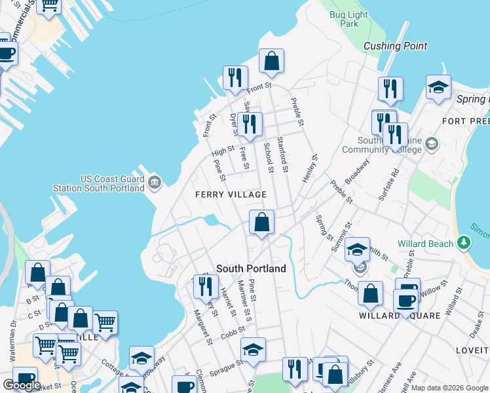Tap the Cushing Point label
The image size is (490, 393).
[x=395, y=46]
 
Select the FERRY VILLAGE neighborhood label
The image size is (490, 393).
[x=231, y=195]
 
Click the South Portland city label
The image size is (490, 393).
[x=251, y=269]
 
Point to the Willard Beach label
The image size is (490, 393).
[x=428, y=244]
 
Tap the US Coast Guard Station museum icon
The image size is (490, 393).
[x=155, y=181]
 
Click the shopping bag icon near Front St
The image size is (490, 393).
[x=271, y=62]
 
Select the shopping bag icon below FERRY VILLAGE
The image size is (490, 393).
[x=261, y=222]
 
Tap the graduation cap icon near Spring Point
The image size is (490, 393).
[x=438, y=87]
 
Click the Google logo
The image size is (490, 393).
[x=22, y=385]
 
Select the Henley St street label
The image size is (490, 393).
[x=309, y=168]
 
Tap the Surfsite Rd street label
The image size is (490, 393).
[x=388, y=185]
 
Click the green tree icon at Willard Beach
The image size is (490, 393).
[x=464, y=244]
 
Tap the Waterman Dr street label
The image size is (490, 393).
[x=12, y=341]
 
